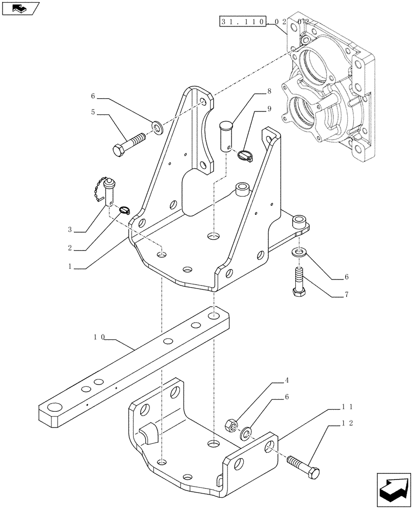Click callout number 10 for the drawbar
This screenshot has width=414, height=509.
pyautogui.click(x=99, y=337)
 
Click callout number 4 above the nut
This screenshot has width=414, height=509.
pyautogui.click(x=288, y=380)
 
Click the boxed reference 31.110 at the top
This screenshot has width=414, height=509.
pyautogui.click(x=243, y=22)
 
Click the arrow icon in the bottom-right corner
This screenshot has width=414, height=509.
pyautogui.click(x=394, y=488)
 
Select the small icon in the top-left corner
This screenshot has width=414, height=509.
pyautogui.click(x=20, y=9)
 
